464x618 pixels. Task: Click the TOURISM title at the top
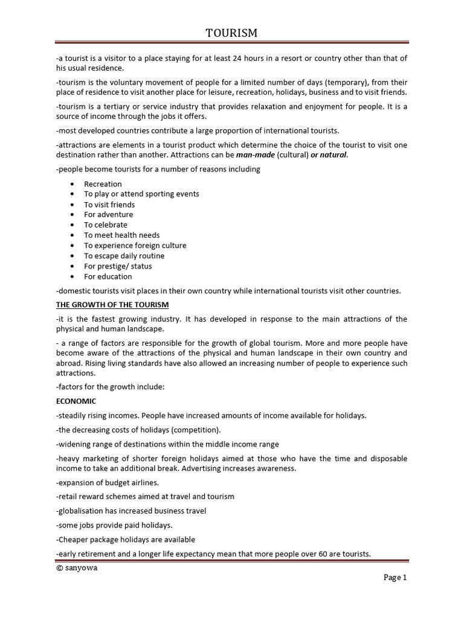pyautogui.click(x=231, y=33)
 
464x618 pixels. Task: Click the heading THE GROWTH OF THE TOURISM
pyautogui.click(x=112, y=304)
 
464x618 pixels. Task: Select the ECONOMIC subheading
pyautogui.click(x=76, y=401)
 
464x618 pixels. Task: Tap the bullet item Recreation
pyautogui.click(x=103, y=183)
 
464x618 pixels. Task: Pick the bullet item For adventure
pyautogui.click(x=108, y=214)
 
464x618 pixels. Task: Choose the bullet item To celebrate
pyautogui.click(x=106, y=225)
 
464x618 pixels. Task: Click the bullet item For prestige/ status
pyautogui.click(x=118, y=266)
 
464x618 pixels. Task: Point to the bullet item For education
pyautogui.click(x=108, y=276)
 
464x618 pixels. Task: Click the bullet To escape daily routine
pyautogui.click(x=124, y=255)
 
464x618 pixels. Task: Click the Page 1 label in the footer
pyautogui.click(x=395, y=577)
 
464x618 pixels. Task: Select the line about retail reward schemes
pyautogui.click(x=145, y=496)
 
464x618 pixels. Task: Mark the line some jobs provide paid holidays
pyautogui.click(x=114, y=525)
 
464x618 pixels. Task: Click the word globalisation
pyautogui.click(x=79, y=511)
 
